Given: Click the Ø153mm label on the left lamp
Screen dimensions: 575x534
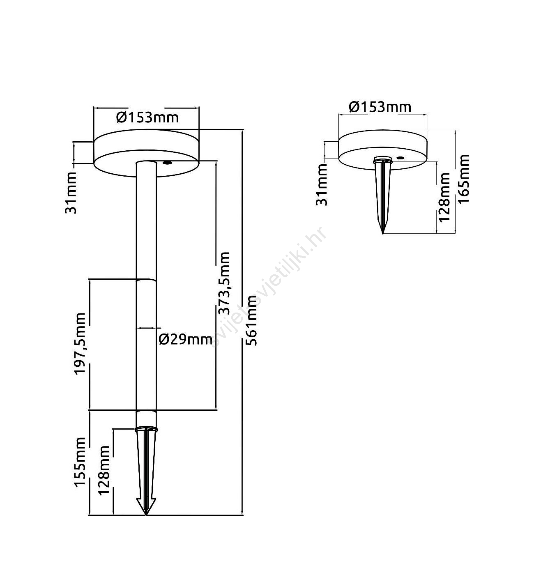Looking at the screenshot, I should [x=147, y=117].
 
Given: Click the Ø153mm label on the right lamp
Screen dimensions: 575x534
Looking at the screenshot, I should [x=380, y=107].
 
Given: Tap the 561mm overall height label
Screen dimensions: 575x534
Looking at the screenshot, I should [x=252, y=321].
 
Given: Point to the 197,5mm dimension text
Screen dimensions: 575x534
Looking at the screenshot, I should [x=80, y=344].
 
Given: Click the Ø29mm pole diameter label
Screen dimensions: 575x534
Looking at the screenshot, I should [x=185, y=339].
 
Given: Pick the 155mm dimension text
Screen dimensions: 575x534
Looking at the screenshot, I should [x=80, y=462].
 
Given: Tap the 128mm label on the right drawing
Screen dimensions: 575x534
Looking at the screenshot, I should [x=444, y=198].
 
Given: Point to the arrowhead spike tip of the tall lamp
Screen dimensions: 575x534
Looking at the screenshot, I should [x=146, y=513].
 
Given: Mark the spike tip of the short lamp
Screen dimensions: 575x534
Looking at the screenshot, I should [x=382, y=232].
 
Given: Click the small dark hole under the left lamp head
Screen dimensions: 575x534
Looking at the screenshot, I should [x=167, y=163].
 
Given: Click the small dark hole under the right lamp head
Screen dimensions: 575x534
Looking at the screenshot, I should [x=400, y=157].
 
